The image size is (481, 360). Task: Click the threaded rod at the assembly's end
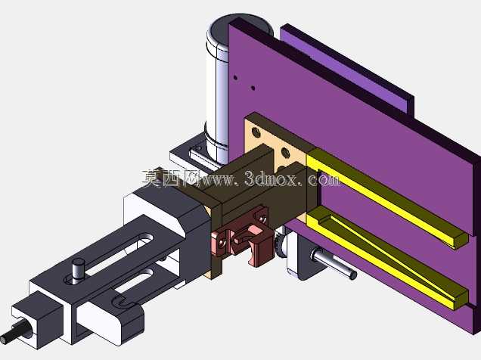[x=14, y=334]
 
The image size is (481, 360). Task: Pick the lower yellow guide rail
[x=387, y=257]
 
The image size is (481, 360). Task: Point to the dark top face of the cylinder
[x=240, y=27]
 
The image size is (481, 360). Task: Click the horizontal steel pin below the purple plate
[x=334, y=263]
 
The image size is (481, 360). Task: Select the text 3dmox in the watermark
[x=271, y=178]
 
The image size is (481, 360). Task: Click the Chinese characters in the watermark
[x=171, y=178]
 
